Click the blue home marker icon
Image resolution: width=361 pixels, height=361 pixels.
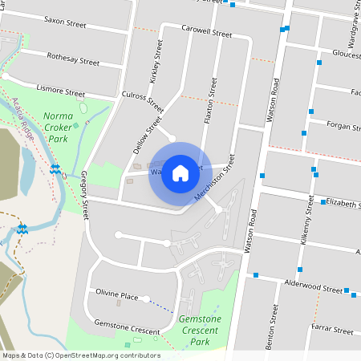(x=180, y=172)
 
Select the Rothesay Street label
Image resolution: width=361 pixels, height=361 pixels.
(x=73, y=59)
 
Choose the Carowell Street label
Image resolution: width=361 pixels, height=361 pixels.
(x=206, y=34)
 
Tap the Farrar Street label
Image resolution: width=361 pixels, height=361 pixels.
(x=333, y=330)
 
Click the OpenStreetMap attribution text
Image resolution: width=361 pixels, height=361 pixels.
(x=80, y=355)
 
